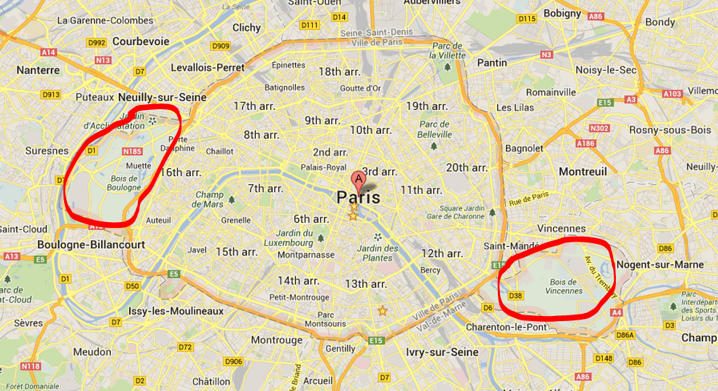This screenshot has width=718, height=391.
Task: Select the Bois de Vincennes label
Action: tap(564, 286)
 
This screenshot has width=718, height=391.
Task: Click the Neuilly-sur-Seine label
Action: tap(162, 97)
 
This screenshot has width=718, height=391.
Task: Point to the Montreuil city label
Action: tap(582, 171)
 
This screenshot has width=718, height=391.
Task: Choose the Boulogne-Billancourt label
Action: tap(91, 245)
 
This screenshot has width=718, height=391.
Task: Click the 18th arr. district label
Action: tap(340, 71)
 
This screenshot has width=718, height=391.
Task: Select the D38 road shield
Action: tap(515, 295)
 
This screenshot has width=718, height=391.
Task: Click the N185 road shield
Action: tap(132, 151)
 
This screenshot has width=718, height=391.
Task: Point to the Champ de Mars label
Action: tap(208, 200)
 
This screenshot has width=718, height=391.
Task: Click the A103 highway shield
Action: tap(672, 94)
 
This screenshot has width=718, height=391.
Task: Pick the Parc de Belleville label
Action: tap(436, 129)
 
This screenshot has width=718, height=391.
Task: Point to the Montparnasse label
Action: tap(306, 255)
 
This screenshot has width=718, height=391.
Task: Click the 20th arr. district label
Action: tap(467, 167)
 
